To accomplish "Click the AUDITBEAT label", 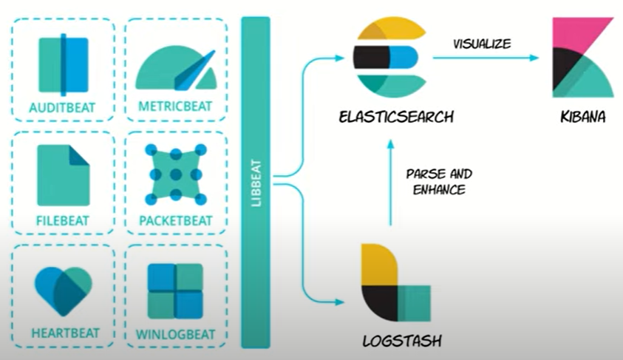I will pyautogui.click(x=63, y=108).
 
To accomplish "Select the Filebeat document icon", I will pyautogui.click(x=63, y=175).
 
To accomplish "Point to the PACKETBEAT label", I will pyautogui.click(x=176, y=220).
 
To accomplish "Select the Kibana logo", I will pyautogui.click(x=582, y=59).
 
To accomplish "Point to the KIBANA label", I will pyautogui.click(x=582, y=117).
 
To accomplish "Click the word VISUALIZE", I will pyautogui.click(x=482, y=44).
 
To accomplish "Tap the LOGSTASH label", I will pyautogui.click(x=397, y=342).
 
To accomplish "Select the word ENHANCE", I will pyautogui.click(x=440, y=189).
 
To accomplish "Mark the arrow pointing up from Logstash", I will pyautogui.click(x=389, y=181).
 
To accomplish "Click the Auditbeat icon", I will pyautogui.click(x=63, y=64).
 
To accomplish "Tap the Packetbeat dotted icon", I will pyautogui.click(x=175, y=175).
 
